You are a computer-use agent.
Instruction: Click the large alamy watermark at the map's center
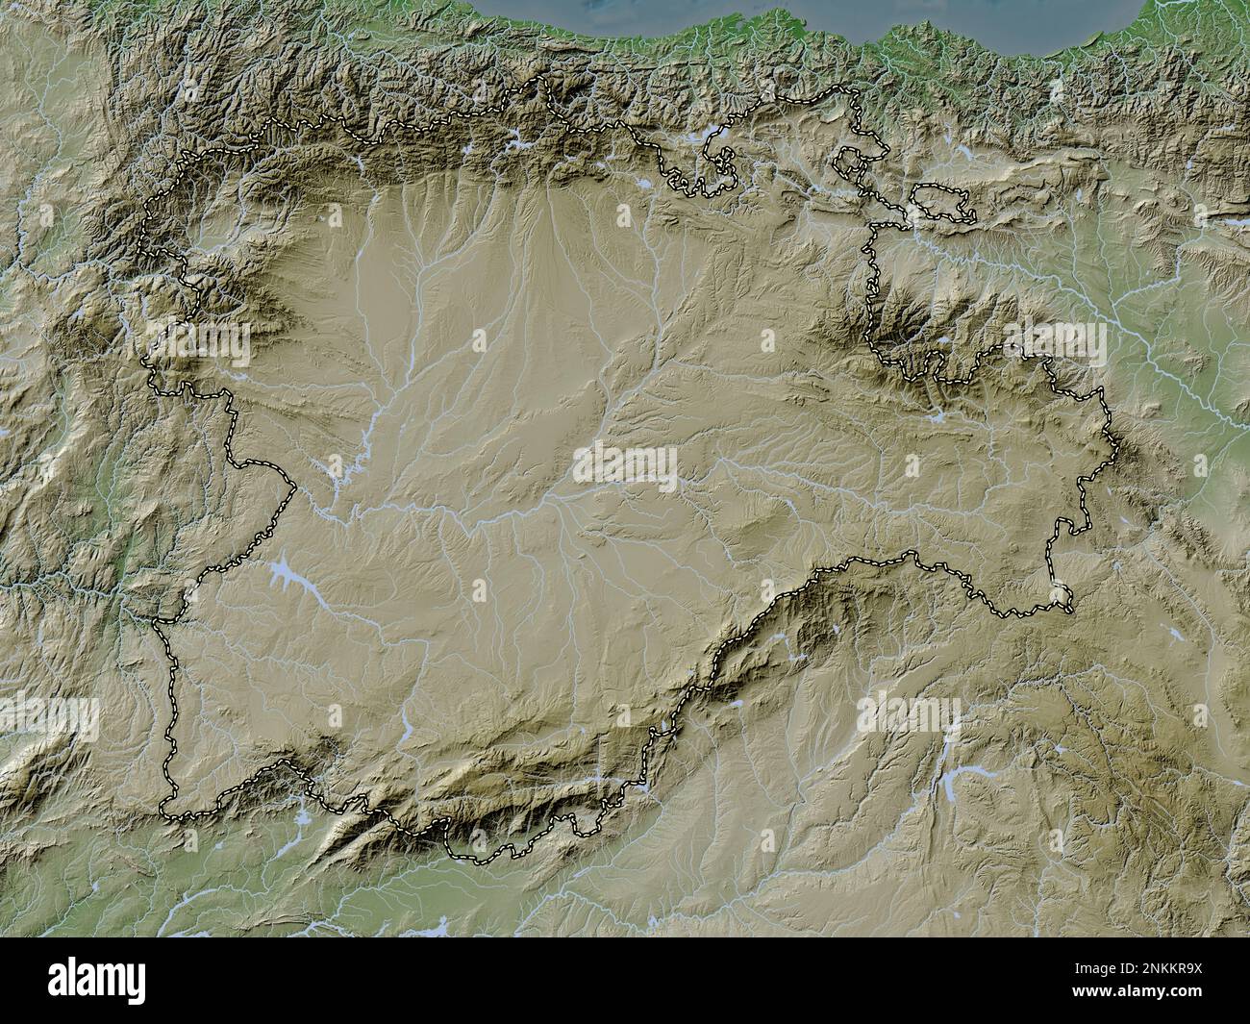(625, 464)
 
